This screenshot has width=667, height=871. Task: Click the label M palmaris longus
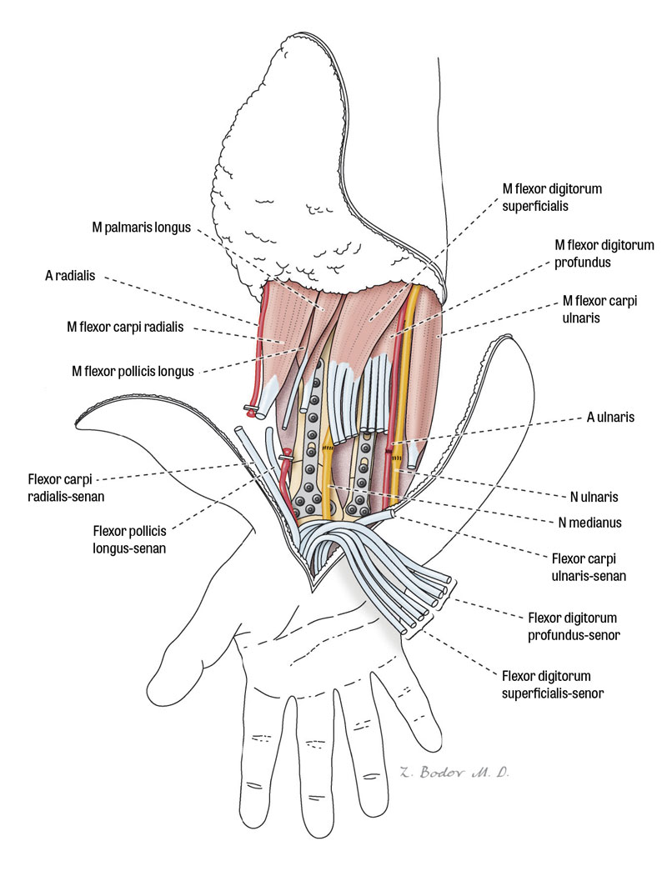143,227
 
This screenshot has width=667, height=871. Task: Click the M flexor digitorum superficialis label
551,197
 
